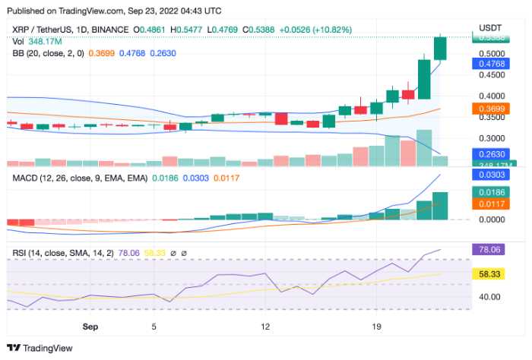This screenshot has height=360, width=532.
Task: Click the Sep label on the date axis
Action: tap(90, 326)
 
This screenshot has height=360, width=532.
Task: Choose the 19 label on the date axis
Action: tap(375, 326)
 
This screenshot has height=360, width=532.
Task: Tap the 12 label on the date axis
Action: tap(265, 326)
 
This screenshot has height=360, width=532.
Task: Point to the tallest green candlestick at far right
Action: tap(440, 48)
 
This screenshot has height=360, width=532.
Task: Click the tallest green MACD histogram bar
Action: tap(440, 206)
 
